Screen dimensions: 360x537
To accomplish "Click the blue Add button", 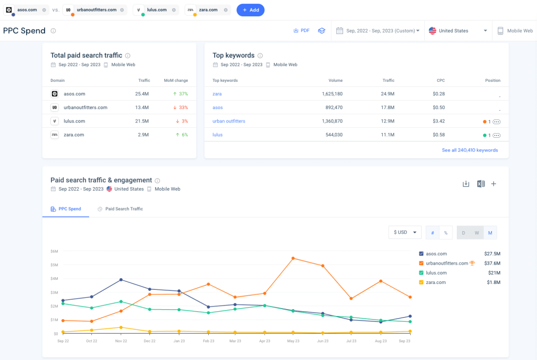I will pos(250,10).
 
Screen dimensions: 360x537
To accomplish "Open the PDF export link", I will pos(301,31).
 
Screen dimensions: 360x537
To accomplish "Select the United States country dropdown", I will pos(458,31).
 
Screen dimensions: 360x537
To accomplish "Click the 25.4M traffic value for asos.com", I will pos(142,94).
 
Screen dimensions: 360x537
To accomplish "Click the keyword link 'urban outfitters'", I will pos(229,121).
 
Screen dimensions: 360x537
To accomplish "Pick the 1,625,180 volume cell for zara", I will pos(331,94).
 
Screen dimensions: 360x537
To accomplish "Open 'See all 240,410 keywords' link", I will pos(470,150).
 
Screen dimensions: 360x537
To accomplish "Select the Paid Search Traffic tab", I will pos(124,209).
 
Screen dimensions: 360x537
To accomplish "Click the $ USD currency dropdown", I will pos(405,232).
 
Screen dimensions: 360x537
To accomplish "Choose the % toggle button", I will pos(445,232).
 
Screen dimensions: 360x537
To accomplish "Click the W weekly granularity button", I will pos(477,232).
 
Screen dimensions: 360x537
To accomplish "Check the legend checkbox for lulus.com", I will pos(422,272).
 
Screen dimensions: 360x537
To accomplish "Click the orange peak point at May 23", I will pos(293,258).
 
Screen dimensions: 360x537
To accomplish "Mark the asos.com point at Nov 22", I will pos(121,280).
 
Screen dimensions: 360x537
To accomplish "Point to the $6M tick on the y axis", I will pos(54,251).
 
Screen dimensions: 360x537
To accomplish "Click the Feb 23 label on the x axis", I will pos(209,341).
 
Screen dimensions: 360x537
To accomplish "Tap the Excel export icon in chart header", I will pos(480,184).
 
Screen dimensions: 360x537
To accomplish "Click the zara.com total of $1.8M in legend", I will pos(492,282).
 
